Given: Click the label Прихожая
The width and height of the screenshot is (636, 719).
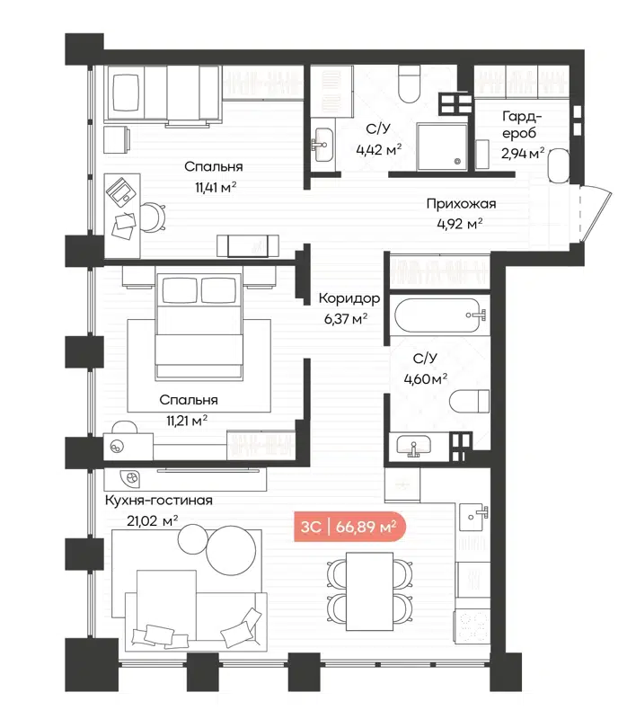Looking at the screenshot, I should [x=461, y=204].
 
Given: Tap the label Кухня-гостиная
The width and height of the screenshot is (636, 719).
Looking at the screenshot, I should [x=158, y=500].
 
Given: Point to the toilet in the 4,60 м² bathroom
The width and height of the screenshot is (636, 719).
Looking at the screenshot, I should [x=471, y=400].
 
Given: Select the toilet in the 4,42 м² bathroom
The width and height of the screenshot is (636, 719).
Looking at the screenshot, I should [x=409, y=85].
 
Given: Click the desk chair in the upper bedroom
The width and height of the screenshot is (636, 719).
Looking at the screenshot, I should [x=154, y=216].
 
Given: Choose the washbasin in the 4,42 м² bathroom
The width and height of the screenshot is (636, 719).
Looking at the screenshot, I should [x=322, y=141].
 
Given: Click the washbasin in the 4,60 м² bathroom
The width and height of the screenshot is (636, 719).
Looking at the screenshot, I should [x=415, y=446].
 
